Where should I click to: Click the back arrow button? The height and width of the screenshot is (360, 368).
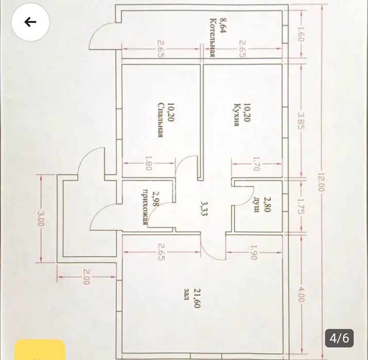(30, 22)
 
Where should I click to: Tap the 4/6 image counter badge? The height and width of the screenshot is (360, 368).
(339, 338)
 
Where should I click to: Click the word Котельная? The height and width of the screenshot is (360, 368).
(213, 37)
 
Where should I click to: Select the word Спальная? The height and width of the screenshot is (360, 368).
(161, 120)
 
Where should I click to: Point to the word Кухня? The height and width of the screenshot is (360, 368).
(237, 115)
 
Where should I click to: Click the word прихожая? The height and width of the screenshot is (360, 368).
(146, 207)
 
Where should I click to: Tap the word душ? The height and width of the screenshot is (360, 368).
(256, 205)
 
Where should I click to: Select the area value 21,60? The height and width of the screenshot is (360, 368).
(197, 298)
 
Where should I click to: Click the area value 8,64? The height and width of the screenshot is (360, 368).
(222, 26)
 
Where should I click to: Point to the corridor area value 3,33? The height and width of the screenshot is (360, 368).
(204, 208)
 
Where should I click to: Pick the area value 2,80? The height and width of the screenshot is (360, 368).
(267, 204)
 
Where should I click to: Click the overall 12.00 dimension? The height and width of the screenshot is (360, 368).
(321, 182)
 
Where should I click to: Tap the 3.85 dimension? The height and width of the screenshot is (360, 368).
(301, 121)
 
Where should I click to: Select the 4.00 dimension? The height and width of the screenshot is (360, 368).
(301, 294)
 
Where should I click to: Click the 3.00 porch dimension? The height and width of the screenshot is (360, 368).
(41, 218)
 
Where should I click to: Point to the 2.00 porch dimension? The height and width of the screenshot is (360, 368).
(86, 277)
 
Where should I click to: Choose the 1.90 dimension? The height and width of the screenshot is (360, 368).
(254, 252)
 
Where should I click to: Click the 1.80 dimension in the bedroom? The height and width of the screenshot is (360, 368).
(149, 163)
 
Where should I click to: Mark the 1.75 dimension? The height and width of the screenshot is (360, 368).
(301, 206)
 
